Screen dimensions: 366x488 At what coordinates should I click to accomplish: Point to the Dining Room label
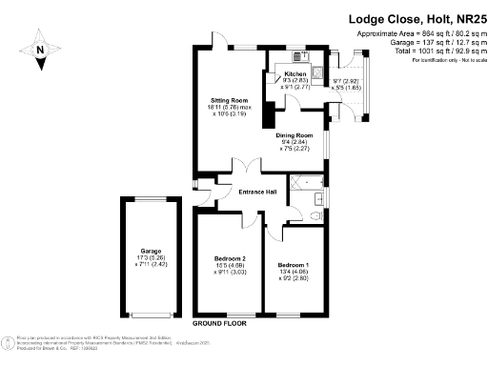coord(295,135)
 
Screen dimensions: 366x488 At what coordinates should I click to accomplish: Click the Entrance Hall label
coord(257,192)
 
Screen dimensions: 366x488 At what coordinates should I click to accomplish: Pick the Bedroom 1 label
coord(294,264)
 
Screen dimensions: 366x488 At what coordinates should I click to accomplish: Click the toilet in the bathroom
coord(317,216)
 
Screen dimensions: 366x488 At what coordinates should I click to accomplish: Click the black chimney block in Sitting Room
coord(256,120)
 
